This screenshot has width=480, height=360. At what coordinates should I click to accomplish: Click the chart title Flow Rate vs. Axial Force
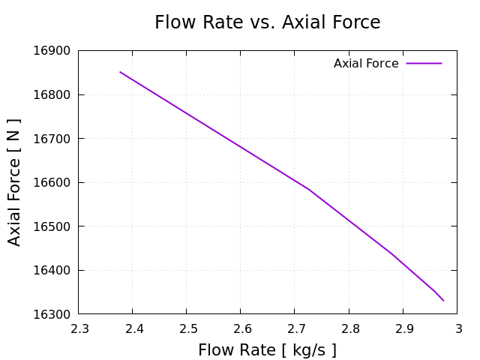tap(267, 22)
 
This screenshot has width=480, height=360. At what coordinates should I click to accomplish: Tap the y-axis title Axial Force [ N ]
tap(14, 182)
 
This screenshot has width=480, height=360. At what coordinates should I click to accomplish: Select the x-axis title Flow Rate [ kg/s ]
tap(267, 350)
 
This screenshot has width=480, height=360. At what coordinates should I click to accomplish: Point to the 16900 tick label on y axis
tap(52, 51)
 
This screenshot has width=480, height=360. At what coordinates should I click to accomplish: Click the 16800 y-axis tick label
tap(52, 95)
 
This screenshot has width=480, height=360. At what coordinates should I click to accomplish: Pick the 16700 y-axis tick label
tap(52, 139)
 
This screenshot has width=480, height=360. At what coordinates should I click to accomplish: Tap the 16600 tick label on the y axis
tap(52, 183)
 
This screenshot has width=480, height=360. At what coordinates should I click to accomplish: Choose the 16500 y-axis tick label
tap(52, 226)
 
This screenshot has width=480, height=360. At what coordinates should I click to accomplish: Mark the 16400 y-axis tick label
tap(52, 270)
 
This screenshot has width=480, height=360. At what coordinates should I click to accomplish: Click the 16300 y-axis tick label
tap(52, 314)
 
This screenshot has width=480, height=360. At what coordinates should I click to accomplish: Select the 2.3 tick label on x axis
tap(79, 328)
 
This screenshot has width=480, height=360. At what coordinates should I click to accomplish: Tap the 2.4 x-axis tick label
tap(133, 328)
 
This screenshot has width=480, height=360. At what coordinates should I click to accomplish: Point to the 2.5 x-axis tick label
tap(187, 328)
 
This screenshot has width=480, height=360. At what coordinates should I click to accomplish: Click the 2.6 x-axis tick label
tap(241, 328)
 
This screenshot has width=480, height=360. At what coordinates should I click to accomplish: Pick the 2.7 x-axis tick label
tap(295, 328)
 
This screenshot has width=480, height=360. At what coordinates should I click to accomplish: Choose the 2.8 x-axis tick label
tap(350, 328)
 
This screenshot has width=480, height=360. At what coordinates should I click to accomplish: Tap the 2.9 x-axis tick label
tap(404, 328)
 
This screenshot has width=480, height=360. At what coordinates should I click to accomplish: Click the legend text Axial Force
tap(366, 64)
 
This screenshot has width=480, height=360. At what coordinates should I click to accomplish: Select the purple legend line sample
tap(424, 64)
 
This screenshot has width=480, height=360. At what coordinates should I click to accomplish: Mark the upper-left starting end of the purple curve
tap(120, 72)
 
